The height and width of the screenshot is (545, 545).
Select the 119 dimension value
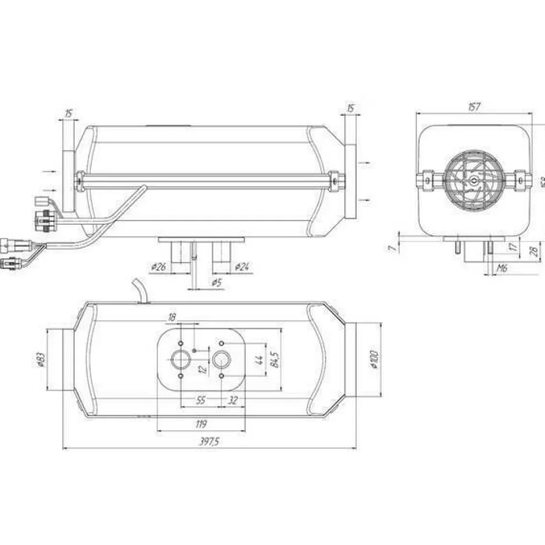(202, 424)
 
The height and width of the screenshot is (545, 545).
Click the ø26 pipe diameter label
(158, 267)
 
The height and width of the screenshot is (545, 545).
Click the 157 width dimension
(474, 107)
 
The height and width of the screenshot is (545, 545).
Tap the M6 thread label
(502, 268)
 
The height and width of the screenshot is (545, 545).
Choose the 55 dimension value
(202, 400)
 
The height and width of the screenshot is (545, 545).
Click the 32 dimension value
(233, 400)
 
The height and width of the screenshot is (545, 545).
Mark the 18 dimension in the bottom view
(172, 317)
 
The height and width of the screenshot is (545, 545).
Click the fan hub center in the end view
(474, 181)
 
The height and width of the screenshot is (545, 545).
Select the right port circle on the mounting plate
(223, 361)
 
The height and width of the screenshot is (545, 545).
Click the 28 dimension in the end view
(533, 251)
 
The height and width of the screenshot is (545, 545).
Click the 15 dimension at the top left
(68, 113)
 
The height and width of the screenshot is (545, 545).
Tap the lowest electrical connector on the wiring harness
(9, 263)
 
